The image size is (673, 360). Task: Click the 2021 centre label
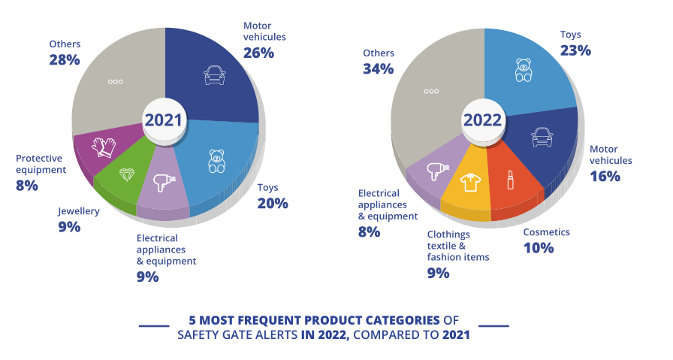point(164,120)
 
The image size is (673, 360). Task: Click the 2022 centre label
point(482,120)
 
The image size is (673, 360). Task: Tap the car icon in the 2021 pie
point(215,74)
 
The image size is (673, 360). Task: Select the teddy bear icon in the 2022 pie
point(524,70)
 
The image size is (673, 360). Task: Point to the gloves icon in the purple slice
point(104,147)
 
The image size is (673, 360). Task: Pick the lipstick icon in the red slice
point(510,179)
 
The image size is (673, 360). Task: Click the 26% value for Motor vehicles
point(258,53)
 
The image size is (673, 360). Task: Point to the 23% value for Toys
point(575,50)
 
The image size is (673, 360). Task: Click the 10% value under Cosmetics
point(538,247)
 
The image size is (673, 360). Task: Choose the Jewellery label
point(79,211)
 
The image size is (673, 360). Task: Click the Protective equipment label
point(50,164)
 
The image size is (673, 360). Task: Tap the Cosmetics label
point(546,231)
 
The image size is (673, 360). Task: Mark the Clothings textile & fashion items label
point(458,246)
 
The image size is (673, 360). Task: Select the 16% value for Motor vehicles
point(605,176)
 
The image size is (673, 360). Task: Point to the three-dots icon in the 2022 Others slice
point(431,91)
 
